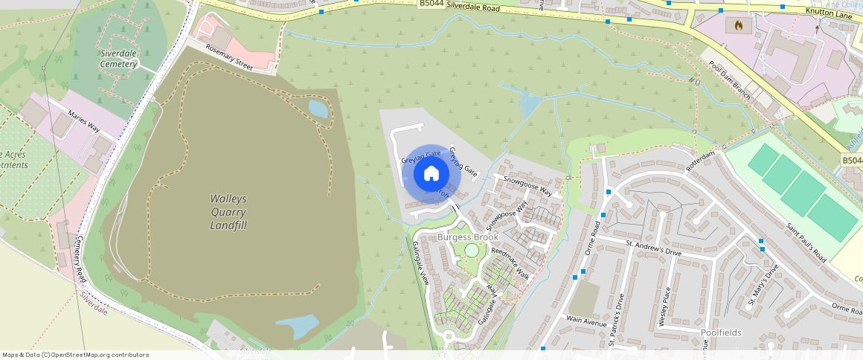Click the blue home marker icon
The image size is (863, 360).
431,174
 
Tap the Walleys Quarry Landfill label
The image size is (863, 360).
228,212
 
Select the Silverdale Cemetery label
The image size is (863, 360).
118,59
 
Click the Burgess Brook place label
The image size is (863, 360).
467,237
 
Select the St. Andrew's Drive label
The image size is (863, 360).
653,247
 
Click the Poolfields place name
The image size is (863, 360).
721,332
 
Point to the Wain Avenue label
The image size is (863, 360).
586,320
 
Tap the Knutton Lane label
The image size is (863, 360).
827,12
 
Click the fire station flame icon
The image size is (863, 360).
738,25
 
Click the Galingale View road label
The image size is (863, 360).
421,263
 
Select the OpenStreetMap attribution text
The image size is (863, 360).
75,355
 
